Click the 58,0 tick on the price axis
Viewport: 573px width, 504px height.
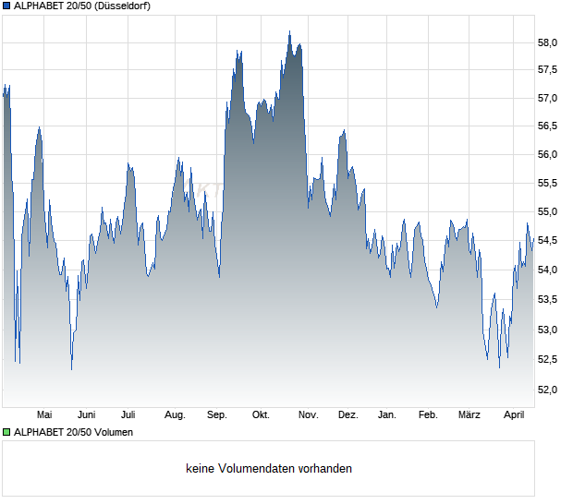(547, 42)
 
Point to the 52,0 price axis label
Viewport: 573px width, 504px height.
(547, 390)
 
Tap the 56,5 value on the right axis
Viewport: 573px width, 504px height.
(547, 126)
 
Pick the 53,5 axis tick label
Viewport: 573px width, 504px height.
(547, 299)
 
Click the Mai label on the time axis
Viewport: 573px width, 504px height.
(44, 415)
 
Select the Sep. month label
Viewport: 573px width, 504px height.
(217, 415)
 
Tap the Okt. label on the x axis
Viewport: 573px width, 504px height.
(261, 415)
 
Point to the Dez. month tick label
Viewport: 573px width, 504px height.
(347, 415)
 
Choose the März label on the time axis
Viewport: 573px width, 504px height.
(469, 415)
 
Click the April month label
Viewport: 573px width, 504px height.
(513, 415)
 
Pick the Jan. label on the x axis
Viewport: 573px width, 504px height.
(387, 415)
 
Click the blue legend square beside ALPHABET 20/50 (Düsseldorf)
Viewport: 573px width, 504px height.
(6, 6)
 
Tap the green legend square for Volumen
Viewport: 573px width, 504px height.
(6, 432)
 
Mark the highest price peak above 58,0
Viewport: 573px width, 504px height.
(289, 32)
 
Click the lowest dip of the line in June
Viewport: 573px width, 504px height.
(71, 369)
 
